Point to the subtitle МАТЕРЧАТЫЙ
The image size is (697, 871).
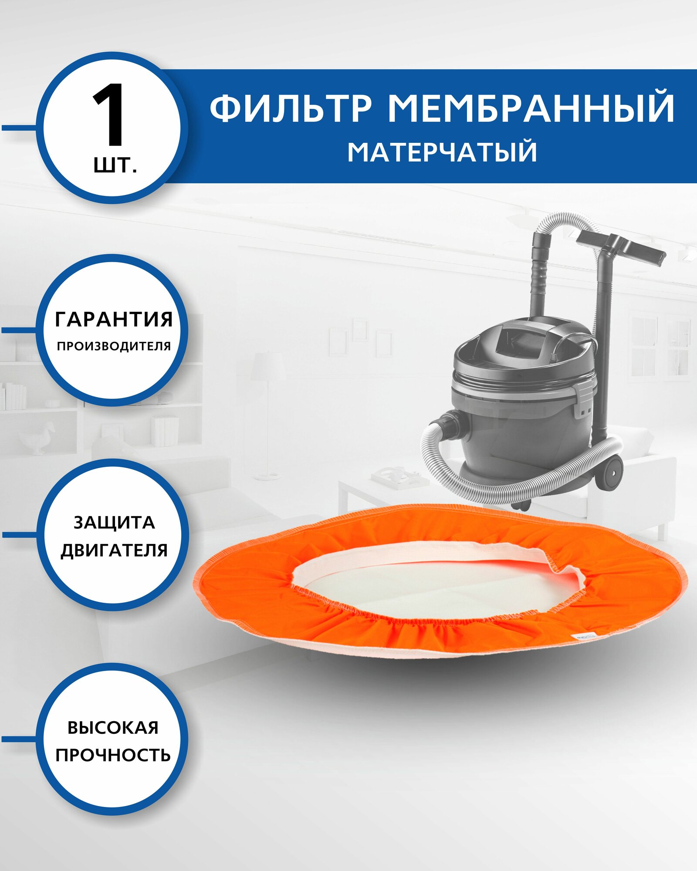[x=442, y=152]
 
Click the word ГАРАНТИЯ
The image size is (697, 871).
[x=114, y=319]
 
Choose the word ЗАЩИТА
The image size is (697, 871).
[x=114, y=523]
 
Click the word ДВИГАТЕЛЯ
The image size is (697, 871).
[x=114, y=550]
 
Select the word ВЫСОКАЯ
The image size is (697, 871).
[x=113, y=728]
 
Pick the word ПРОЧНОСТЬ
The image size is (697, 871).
[x=113, y=755]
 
